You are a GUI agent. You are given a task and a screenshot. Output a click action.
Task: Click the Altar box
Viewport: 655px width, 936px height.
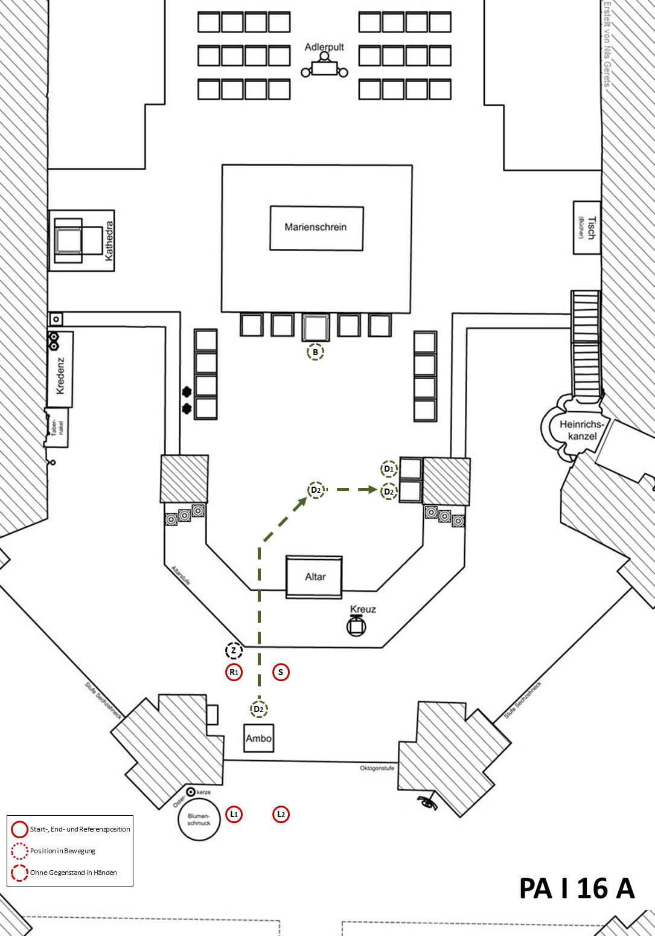point(314,577)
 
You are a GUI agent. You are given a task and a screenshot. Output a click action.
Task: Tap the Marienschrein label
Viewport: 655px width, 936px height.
point(316,227)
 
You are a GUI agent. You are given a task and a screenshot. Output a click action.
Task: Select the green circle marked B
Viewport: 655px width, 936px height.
point(315,352)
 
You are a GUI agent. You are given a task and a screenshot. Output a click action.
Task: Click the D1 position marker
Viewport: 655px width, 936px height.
point(389,469)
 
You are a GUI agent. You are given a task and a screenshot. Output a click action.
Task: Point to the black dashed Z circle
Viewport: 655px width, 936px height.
point(234,650)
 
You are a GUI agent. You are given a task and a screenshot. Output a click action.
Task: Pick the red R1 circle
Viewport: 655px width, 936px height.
point(234,672)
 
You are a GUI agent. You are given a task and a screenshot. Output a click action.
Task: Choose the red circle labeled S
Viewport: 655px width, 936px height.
point(281,672)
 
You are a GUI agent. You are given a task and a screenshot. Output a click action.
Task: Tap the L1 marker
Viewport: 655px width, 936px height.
point(234,814)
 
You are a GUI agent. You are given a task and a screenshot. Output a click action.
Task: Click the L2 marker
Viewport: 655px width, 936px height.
point(281,814)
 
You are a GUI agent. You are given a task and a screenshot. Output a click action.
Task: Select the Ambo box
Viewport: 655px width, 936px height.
point(259,738)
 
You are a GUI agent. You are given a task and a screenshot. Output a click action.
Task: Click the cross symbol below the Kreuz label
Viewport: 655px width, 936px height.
point(356,626)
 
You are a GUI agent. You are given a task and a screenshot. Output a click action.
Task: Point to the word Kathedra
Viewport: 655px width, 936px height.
point(109,240)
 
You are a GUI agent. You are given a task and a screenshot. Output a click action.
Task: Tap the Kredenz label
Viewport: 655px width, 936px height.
point(60,376)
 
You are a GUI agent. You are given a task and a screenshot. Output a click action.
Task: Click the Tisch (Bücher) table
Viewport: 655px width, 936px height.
point(587,228)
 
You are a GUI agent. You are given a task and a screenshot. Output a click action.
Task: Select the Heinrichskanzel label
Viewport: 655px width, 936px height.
point(581,430)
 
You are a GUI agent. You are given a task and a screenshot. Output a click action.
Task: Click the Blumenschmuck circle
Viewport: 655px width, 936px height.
point(199,819)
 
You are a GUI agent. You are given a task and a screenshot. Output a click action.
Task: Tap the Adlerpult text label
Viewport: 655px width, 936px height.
point(324,47)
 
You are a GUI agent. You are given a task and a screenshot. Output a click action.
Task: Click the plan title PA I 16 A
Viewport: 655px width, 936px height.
point(577,888)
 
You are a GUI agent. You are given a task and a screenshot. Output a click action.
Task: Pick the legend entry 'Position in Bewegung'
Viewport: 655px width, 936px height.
point(63,851)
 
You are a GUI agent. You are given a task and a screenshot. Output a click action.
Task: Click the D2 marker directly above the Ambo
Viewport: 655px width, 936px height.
point(259,709)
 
